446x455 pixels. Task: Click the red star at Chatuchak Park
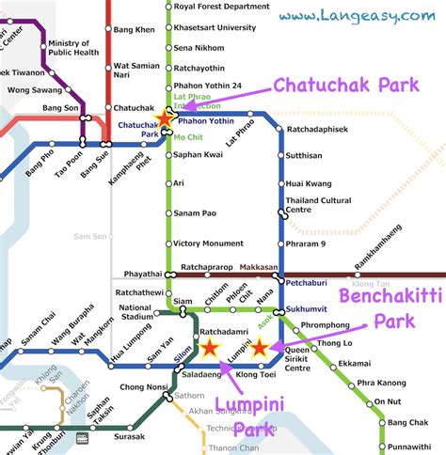click(165, 119)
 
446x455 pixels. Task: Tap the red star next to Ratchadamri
click(209, 349)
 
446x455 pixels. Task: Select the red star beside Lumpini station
click(261, 349)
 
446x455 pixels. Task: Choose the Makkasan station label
click(256, 266)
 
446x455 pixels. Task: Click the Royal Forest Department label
click(222, 6)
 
